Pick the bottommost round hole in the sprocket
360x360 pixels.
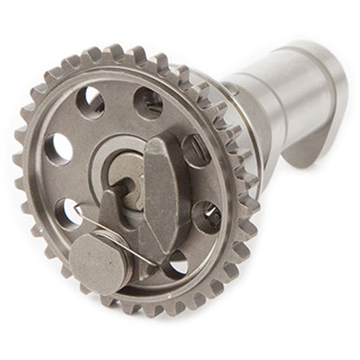(x=176, y=261)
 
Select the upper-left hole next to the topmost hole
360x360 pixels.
(x=92, y=102)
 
